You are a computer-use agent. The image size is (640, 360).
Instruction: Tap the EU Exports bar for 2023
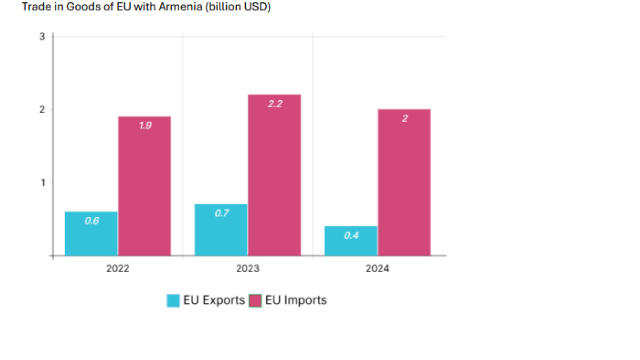click(221, 230)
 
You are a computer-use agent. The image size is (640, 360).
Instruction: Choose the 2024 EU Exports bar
click(351, 241)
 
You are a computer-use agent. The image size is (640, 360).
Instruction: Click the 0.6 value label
click(92, 221)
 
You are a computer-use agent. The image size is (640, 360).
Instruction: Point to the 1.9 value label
click(145, 126)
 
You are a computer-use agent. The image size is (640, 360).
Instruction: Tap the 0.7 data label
click(221, 213)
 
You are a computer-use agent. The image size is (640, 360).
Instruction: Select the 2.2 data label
click(275, 104)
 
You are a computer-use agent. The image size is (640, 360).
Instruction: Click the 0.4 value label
click(351, 235)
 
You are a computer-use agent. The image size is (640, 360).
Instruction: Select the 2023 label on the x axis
click(247, 269)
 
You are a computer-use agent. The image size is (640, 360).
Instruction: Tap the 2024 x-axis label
click(378, 269)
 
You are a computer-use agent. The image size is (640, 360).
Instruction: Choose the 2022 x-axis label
click(117, 269)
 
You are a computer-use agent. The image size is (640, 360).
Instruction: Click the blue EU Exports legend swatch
click(173, 301)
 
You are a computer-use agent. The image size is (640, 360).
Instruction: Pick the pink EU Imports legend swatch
click(256, 301)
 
